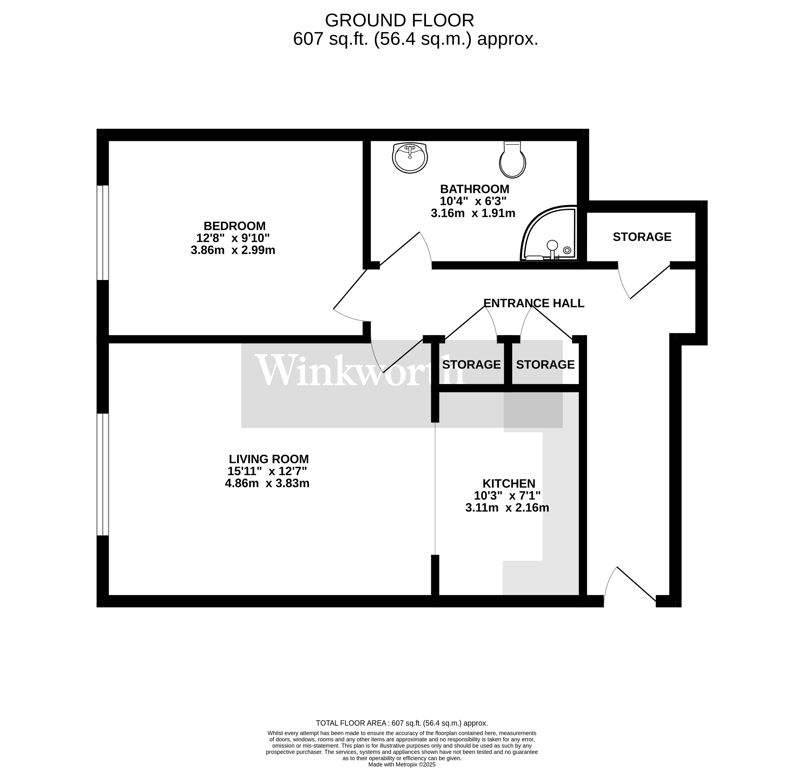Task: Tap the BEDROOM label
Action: (235, 226)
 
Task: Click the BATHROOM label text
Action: (474, 189)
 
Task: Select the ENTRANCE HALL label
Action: (533, 303)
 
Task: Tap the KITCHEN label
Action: (508, 483)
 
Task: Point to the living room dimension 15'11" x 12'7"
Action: (267, 471)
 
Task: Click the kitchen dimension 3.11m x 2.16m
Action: (507, 508)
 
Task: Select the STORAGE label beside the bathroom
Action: (641, 237)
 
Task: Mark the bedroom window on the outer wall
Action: (103, 233)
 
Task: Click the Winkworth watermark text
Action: (360, 371)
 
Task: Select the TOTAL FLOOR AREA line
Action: (401, 723)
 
